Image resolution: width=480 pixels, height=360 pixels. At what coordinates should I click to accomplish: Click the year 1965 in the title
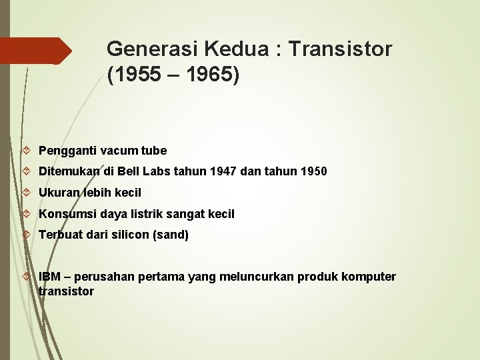pyautogui.click(x=205, y=75)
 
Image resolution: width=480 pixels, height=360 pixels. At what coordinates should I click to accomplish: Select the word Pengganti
pyautogui.click(x=64, y=151)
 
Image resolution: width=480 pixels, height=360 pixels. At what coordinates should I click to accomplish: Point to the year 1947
pyautogui.click(x=223, y=171)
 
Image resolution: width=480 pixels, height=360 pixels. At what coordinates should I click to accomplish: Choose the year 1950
pyautogui.click(x=312, y=171)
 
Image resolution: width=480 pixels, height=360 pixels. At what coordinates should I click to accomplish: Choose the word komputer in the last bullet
pyautogui.click(x=370, y=277)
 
